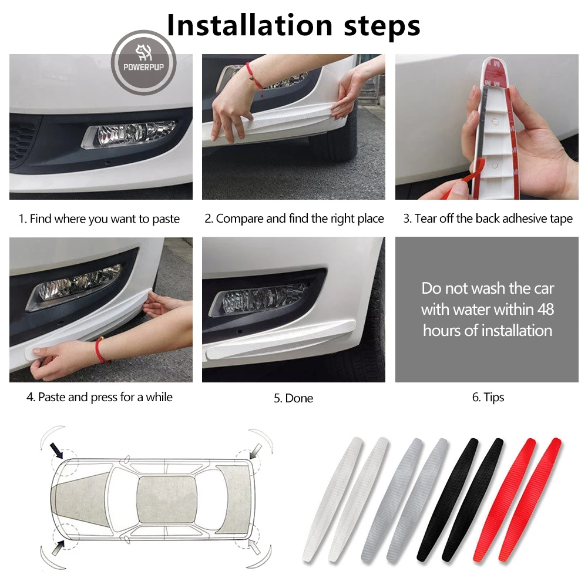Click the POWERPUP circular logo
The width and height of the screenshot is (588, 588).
click(144, 63)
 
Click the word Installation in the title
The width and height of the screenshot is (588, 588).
click(250, 25)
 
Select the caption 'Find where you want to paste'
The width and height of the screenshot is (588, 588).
click(105, 219)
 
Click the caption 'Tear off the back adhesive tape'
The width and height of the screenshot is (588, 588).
click(493, 219)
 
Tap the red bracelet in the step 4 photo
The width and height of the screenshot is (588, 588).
click(100, 350)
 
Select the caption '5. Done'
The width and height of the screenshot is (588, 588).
click(293, 398)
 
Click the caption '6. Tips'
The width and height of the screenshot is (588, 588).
click(488, 397)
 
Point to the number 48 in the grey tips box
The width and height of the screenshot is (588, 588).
click(546, 310)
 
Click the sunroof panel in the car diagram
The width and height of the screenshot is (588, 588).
click(166, 500)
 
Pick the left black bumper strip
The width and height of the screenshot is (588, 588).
click(448, 499)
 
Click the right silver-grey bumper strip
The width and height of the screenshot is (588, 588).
click(418, 499)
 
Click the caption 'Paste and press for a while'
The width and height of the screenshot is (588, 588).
click(105, 397)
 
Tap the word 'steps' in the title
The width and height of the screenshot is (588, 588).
click(382, 27)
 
